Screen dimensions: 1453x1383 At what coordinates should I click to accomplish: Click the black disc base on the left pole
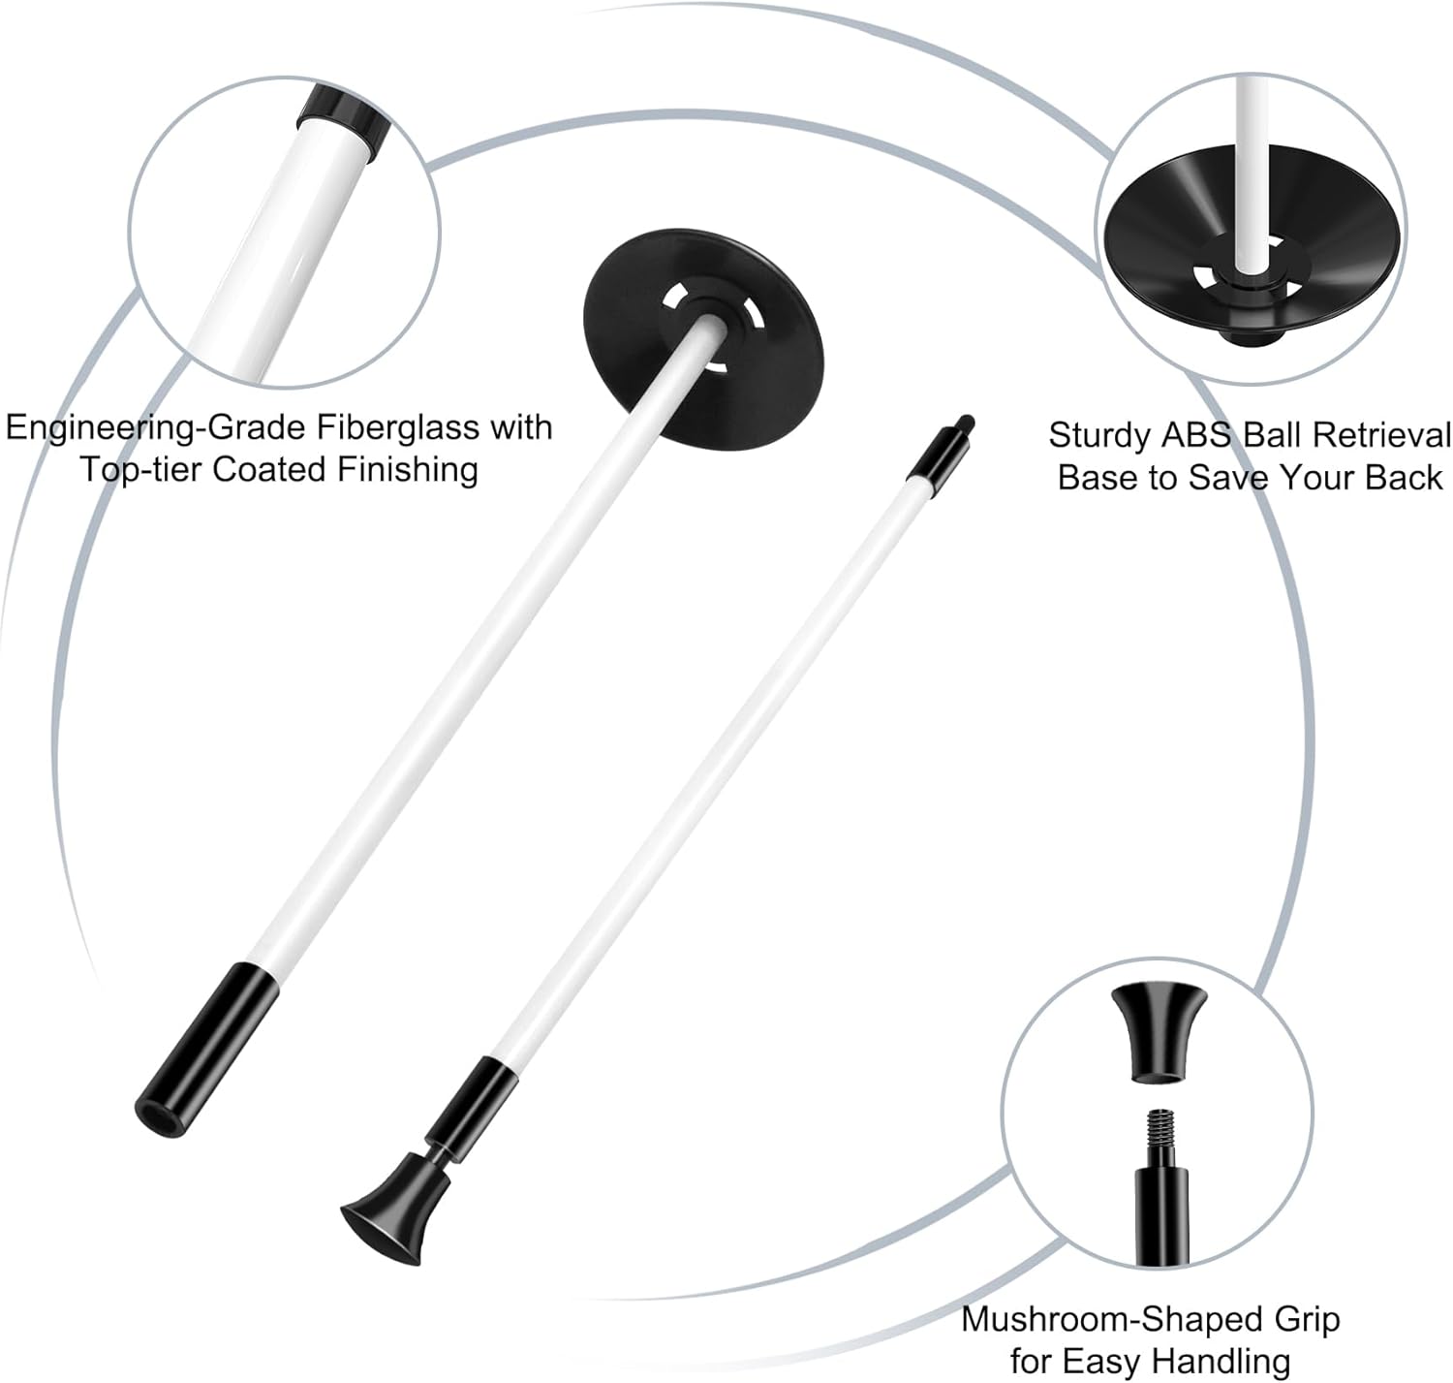click(703, 339)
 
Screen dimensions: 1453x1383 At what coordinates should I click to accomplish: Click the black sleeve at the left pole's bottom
click(206, 1050)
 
